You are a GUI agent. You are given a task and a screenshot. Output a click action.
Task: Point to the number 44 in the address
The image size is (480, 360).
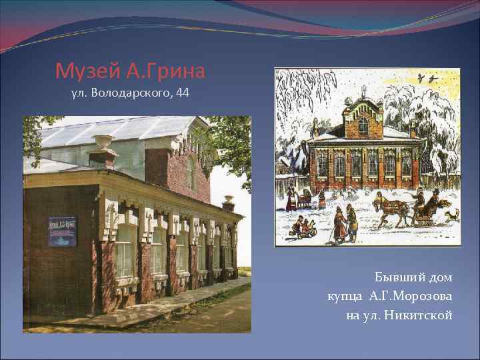pyautogui.click(x=182, y=93)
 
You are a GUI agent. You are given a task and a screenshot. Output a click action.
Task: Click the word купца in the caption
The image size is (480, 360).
pyautogui.click(x=344, y=295)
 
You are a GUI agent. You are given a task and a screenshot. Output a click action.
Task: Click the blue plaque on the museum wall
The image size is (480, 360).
pyautogui.click(x=63, y=231)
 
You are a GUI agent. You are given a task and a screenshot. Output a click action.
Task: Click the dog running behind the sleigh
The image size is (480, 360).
pyautogui.click(x=452, y=215)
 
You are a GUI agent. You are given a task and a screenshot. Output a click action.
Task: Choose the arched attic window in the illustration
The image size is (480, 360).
pyautogui.click(x=363, y=123)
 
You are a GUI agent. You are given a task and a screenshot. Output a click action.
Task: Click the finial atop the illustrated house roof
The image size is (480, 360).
pyautogui.click(x=363, y=91)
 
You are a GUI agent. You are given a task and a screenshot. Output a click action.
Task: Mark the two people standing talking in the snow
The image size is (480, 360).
pyautogui.click(x=345, y=223)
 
